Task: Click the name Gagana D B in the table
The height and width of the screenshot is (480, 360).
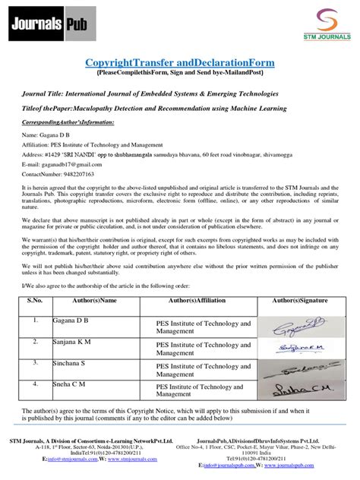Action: tap(71, 322)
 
